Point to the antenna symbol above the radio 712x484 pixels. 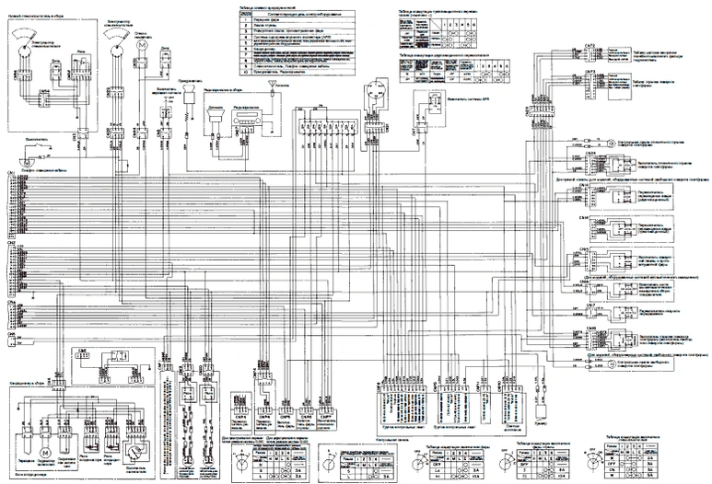coord(270,84)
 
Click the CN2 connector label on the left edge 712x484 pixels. coord(11,243)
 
